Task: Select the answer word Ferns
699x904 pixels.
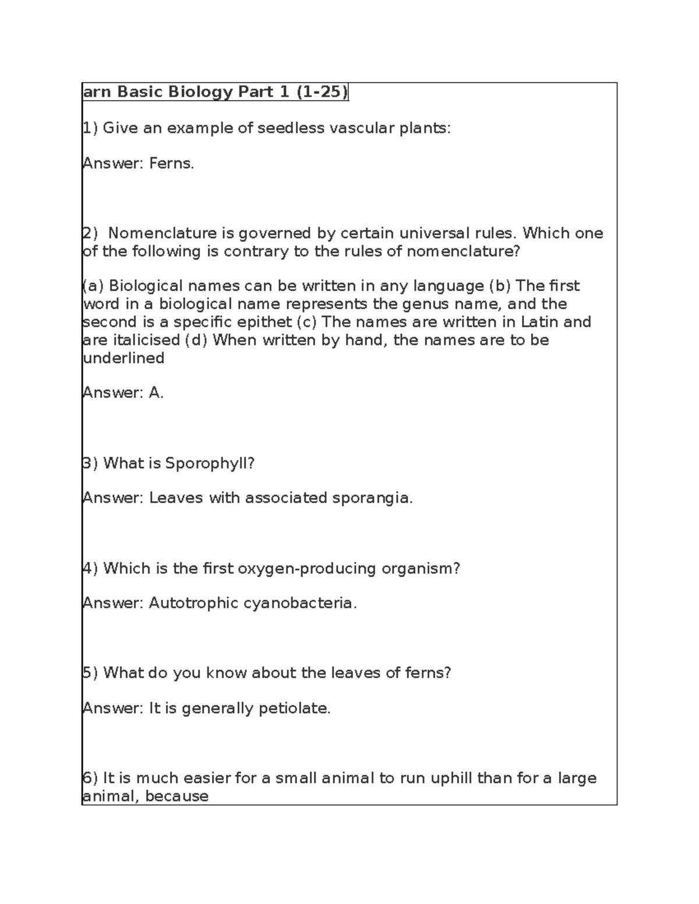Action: point(171,164)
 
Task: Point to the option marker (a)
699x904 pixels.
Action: point(93,286)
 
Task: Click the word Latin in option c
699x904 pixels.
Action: point(540,322)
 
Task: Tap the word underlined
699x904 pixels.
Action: point(124,358)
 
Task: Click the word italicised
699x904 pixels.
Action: point(146,340)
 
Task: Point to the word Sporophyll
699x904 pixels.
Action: point(210,463)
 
